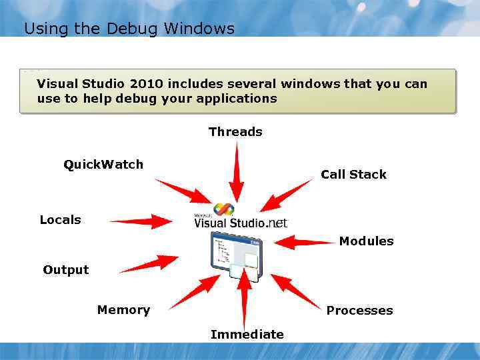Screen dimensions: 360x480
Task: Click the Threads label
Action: (x=235, y=132)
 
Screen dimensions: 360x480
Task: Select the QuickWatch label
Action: (x=103, y=165)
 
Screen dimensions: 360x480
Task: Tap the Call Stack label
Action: (x=353, y=175)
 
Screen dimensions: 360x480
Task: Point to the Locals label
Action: (x=60, y=220)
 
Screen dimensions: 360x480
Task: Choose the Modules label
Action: (x=366, y=241)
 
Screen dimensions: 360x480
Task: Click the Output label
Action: (x=65, y=270)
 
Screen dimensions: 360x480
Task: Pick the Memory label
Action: (x=123, y=310)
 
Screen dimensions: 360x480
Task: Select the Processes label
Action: (x=359, y=311)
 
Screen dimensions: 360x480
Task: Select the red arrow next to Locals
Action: (x=140, y=221)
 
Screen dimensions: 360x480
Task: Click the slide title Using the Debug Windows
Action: (x=129, y=29)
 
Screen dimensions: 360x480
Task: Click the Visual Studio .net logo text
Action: (x=240, y=222)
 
